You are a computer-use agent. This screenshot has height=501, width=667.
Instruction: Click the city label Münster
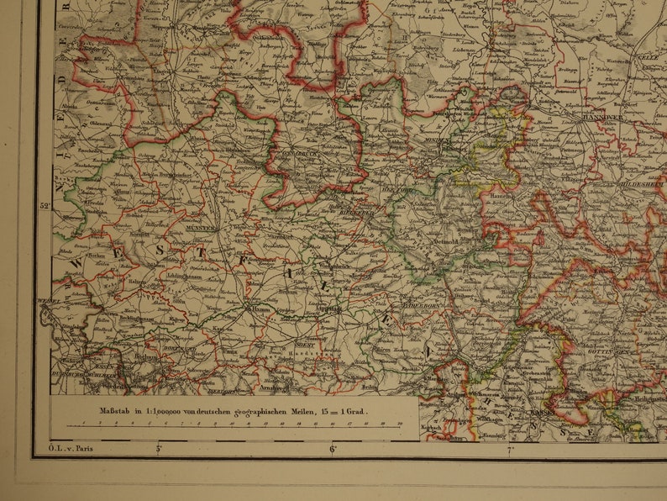pyautogui.click(x=202, y=228)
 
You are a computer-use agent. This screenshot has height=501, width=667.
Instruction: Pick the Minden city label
pyautogui.click(x=443, y=142)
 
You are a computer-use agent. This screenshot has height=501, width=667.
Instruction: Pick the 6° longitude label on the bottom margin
pyautogui.click(x=333, y=450)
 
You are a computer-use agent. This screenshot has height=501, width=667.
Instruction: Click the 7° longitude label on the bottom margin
pyautogui.click(x=509, y=450)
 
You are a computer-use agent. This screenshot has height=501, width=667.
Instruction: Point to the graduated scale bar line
pyautogui.click(x=235, y=425)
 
